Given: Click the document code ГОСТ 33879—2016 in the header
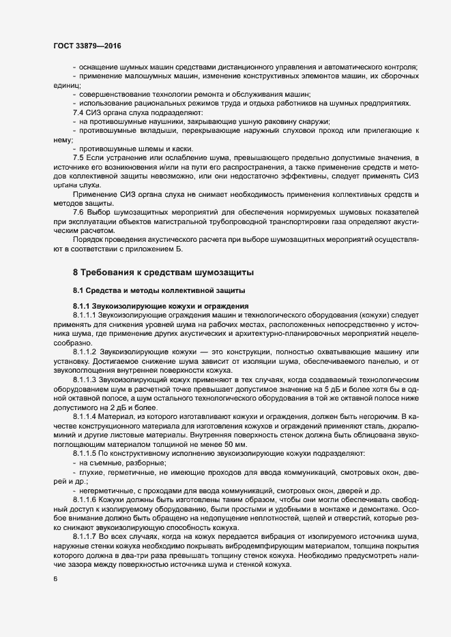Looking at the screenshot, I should pos(88,46).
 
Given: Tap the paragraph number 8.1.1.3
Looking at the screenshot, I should pos(85,377).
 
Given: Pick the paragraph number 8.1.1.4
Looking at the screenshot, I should pos(85,415).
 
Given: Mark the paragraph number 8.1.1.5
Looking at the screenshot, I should pos(85,452).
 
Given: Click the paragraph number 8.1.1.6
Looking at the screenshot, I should pos(85,499).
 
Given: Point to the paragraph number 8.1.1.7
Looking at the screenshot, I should pos(85,537).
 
